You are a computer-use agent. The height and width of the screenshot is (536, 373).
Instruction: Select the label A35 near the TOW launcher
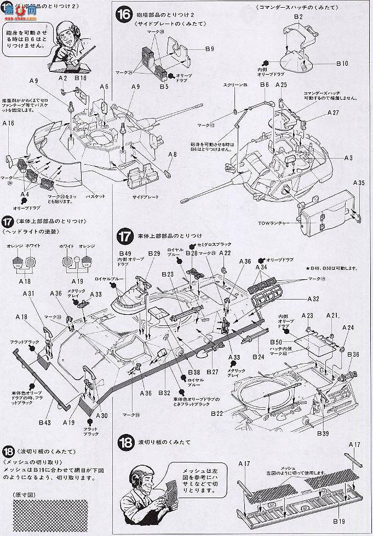click(359, 182)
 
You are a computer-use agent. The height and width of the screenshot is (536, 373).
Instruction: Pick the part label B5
click(164, 87)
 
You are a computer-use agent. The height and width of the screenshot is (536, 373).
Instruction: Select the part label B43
click(45, 422)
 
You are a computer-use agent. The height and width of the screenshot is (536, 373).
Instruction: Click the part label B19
click(326, 521)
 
